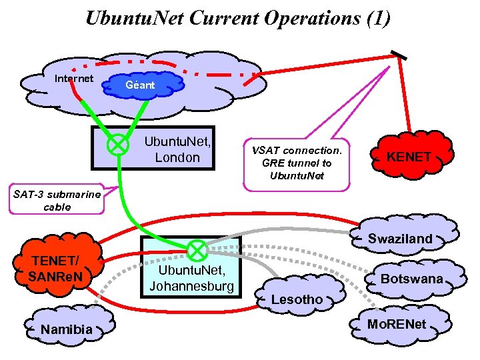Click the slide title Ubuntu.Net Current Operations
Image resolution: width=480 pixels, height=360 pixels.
coord(238,18)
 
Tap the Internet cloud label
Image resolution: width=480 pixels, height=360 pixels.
coord(74,78)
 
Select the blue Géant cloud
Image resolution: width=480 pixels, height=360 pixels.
coord(141,85)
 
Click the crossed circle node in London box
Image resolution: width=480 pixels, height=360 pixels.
coord(119,144)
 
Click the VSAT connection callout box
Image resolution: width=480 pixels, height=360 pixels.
coord(297,163)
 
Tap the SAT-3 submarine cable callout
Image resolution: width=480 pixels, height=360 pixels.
coord(57,200)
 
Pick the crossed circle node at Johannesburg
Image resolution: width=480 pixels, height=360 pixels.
coord(197,251)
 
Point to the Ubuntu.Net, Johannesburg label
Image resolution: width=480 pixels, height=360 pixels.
coord(191,279)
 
